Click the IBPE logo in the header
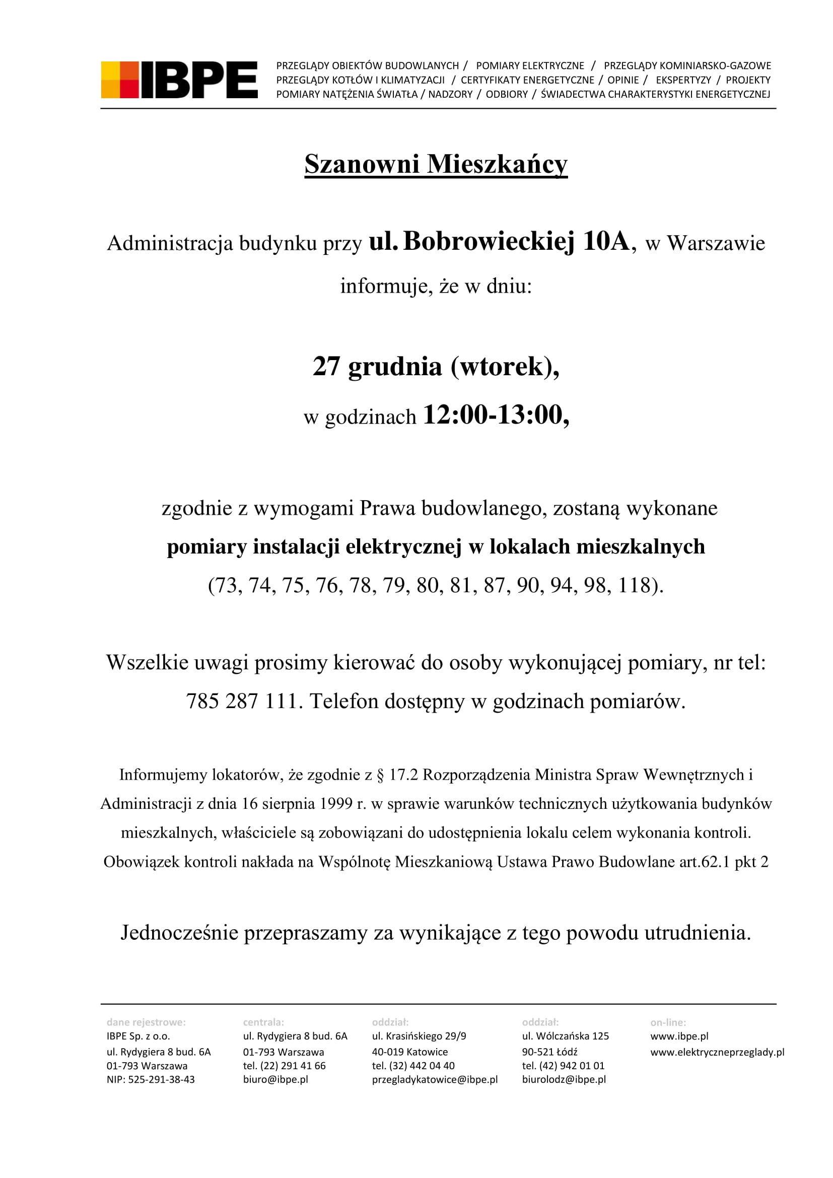[179, 80]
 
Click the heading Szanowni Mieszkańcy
[436, 164]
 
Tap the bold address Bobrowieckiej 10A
[516, 241]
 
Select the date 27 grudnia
[377, 367]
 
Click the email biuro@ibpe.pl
[275, 1079]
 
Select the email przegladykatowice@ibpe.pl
[435, 1079]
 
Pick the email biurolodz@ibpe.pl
[564, 1079]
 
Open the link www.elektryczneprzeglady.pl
[717, 1052]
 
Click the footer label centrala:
[263, 1022]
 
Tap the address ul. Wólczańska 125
[565, 1036]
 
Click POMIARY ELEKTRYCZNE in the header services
[530, 65]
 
